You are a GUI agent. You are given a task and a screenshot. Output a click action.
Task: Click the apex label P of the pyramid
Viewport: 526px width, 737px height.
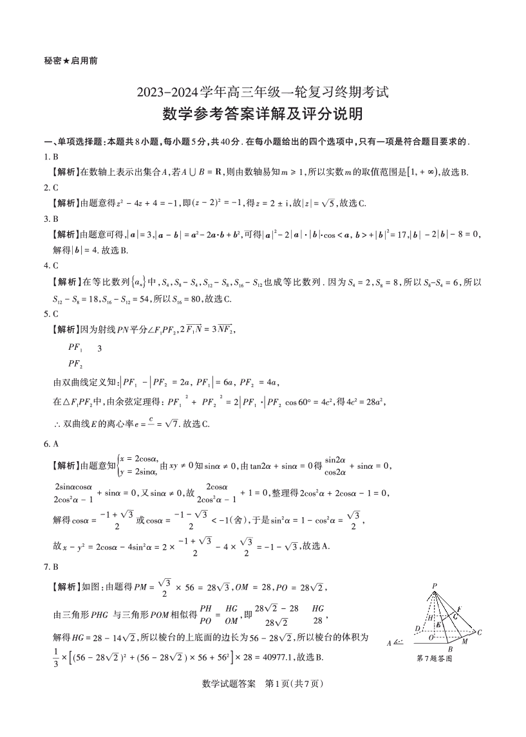pos(435,585)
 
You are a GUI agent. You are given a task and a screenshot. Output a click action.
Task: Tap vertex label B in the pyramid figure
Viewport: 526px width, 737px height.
pos(450,649)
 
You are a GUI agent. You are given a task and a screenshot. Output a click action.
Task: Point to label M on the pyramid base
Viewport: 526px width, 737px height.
pos(465,641)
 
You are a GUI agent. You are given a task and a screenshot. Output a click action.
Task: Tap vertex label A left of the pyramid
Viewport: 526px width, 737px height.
pos(390,642)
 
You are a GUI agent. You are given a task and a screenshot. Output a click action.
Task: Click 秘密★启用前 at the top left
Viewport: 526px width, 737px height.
pos(71,61)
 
